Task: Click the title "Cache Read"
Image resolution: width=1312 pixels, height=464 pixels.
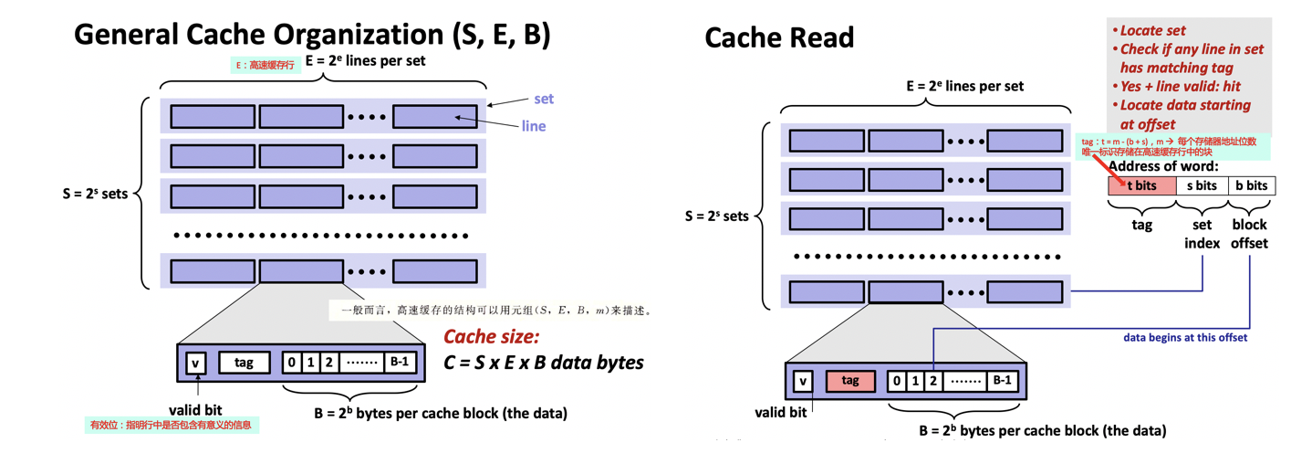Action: click(x=779, y=37)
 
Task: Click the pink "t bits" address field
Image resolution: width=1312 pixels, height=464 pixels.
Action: click(x=1141, y=185)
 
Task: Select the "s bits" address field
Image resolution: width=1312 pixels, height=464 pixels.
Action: click(x=1201, y=185)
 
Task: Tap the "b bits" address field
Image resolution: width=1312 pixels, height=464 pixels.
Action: click(x=1251, y=185)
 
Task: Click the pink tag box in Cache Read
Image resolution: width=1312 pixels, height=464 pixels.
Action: click(x=850, y=380)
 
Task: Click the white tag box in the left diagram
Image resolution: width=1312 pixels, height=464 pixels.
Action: click(x=244, y=363)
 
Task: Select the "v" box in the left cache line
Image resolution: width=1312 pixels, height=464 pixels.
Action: click(x=195, y=363)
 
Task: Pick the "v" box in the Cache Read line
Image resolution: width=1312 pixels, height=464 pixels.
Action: click(x=803, y=381)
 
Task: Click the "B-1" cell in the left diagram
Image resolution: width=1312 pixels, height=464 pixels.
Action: click(x=401, y=362)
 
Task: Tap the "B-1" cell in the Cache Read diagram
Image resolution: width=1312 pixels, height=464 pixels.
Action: click(x=1002, y=380)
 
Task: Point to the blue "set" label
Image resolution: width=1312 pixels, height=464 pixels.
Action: click(x=544, y=99)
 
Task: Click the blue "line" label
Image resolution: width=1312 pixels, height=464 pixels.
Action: click(x=534, y=126)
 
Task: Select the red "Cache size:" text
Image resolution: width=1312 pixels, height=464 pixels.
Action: click(x=492, y=336)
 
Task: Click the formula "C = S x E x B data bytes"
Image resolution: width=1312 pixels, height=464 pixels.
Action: click(x=544, y=363)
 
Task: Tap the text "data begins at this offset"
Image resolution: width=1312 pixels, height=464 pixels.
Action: click(x=1184, y=337)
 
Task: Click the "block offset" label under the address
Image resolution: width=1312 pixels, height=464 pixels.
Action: click(x=1249, y=234)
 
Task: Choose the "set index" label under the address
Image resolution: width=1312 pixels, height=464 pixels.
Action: click(x=1202, y=234)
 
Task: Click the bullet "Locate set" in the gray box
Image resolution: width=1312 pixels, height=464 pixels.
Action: click(x=1152, y=30)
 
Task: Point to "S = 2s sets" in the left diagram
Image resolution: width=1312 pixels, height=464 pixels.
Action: click(x=96, y=194)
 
